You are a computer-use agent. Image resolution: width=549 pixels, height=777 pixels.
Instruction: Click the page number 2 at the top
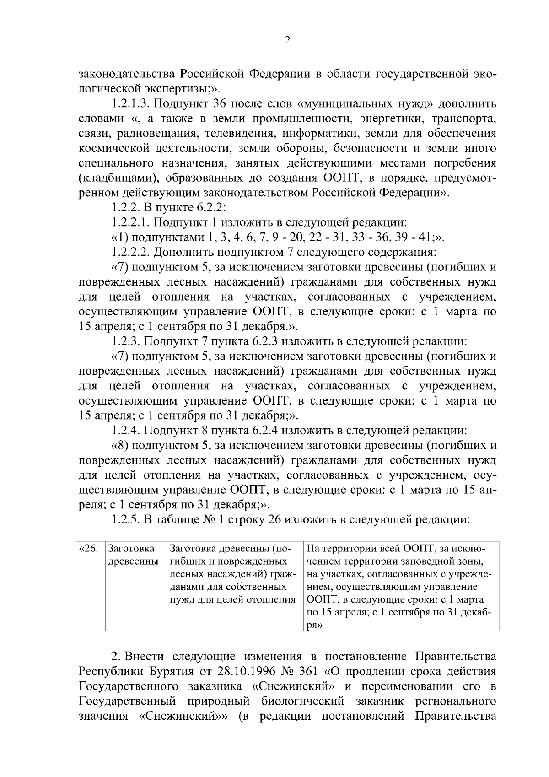pyautogui.click(x=287, y=41)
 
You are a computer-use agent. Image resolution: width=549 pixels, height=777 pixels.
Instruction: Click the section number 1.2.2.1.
pyautogui.click(x=131, y=222)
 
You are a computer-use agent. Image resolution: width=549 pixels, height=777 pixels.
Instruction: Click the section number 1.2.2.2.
pyautogui.click(x=131, y=252)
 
